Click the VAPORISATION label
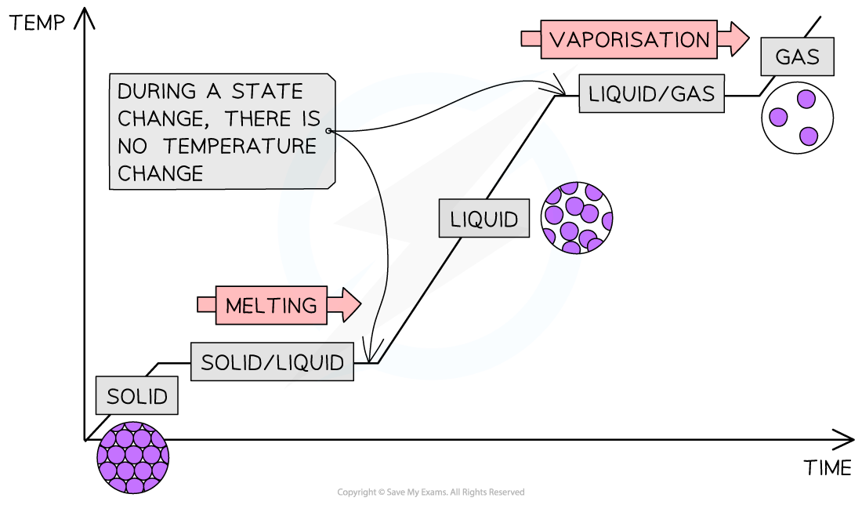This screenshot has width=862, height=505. point(628,39)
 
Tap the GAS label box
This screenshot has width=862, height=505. point(797,56)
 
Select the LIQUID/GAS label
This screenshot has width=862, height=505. point(651,93)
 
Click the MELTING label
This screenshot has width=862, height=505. point(271,305)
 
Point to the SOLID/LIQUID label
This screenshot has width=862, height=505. point(272,362)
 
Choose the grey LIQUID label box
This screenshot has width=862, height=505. point(484,219)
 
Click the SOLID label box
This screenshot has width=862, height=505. point(137,396)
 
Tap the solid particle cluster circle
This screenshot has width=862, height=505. point(133,457)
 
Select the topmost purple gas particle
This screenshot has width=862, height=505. point(806,100)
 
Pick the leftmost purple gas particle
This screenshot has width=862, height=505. point(778,117)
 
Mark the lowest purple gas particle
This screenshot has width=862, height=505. point(809,136)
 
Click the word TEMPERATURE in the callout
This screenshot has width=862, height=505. point(255,147)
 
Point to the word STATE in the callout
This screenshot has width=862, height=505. point(266,91)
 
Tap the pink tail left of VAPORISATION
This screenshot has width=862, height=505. point(531,38)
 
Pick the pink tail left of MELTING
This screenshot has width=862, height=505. point(206,304)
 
